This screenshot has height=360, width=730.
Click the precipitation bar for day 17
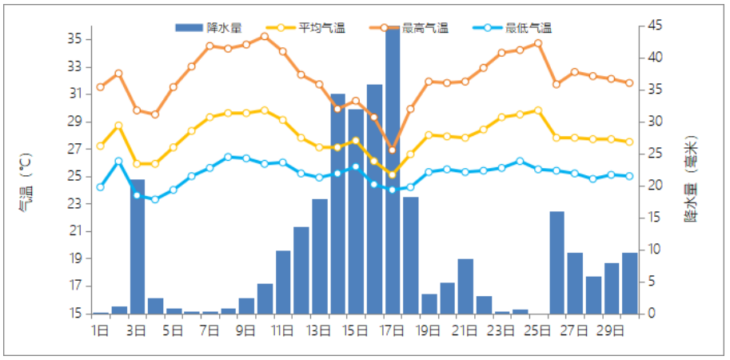point(393,172)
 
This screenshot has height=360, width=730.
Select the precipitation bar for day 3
point(137,246)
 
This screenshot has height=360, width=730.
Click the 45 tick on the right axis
point(655,26)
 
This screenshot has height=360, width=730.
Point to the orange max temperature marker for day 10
point(265,36)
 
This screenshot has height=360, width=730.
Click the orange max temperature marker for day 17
point(393,150)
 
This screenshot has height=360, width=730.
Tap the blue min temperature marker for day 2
point(118,161)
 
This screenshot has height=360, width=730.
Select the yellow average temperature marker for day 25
point(538,110)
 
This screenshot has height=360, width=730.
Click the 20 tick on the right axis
point(655,186)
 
